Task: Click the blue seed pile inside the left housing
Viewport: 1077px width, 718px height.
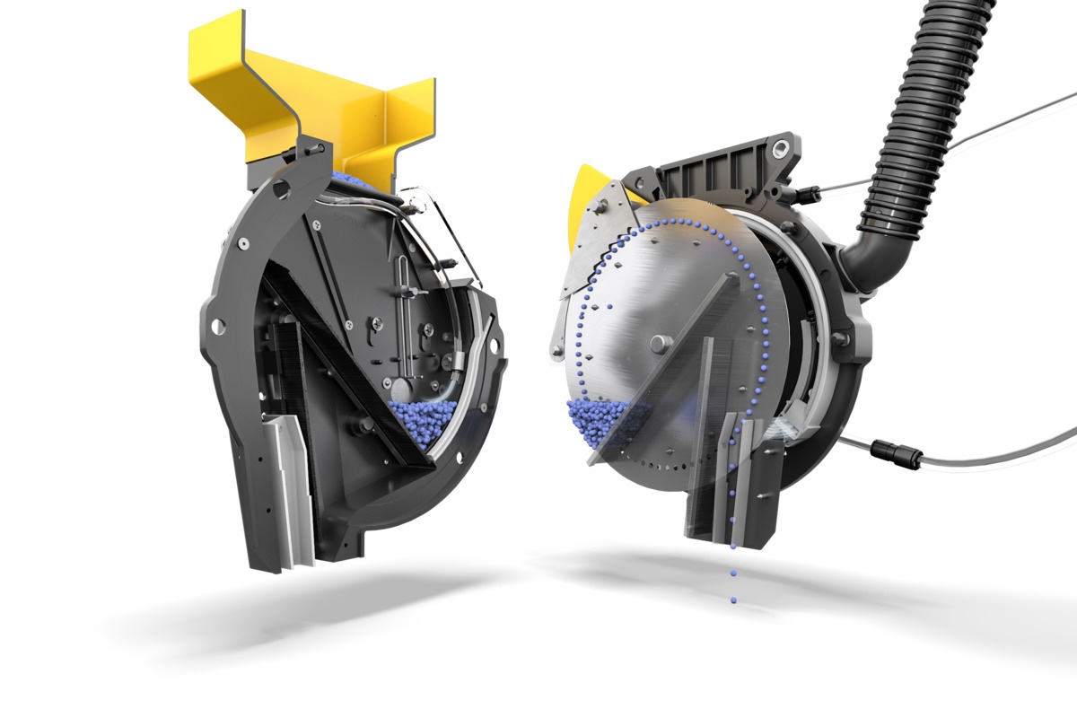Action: (422, 418)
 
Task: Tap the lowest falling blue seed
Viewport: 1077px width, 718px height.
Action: (734, 599)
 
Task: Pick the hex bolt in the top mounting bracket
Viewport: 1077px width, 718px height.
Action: (784, 146)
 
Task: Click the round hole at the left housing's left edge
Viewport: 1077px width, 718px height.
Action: (215, 323)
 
